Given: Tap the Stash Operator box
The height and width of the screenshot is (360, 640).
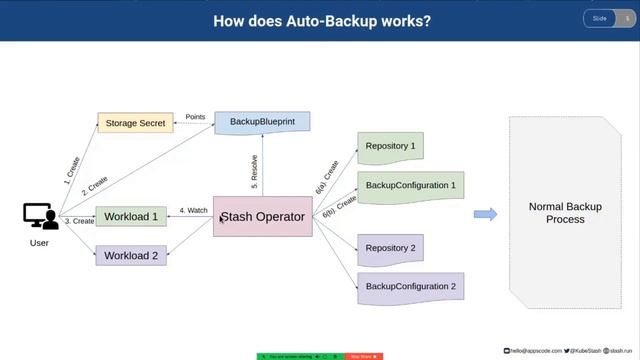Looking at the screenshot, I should (262, 216).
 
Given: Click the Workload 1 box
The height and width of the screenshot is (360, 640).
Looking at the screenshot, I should (131, 216).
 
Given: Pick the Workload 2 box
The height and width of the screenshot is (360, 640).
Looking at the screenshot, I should (131, 255).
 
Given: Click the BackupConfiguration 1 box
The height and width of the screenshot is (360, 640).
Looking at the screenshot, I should (410, 186).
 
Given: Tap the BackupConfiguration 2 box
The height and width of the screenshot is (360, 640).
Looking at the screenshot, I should (410, 287).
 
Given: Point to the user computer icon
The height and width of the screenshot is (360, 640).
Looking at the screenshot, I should (40, 216).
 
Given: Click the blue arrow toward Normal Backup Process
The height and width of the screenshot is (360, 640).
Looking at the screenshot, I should (485, 214).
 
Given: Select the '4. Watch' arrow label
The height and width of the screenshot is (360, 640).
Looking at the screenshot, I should (193, 210).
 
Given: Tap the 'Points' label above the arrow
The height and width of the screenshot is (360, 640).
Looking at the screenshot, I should (195, 117).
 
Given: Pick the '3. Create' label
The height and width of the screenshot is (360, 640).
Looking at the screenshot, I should (79, 221).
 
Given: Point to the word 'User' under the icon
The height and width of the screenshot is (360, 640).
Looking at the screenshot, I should (39, 242).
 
